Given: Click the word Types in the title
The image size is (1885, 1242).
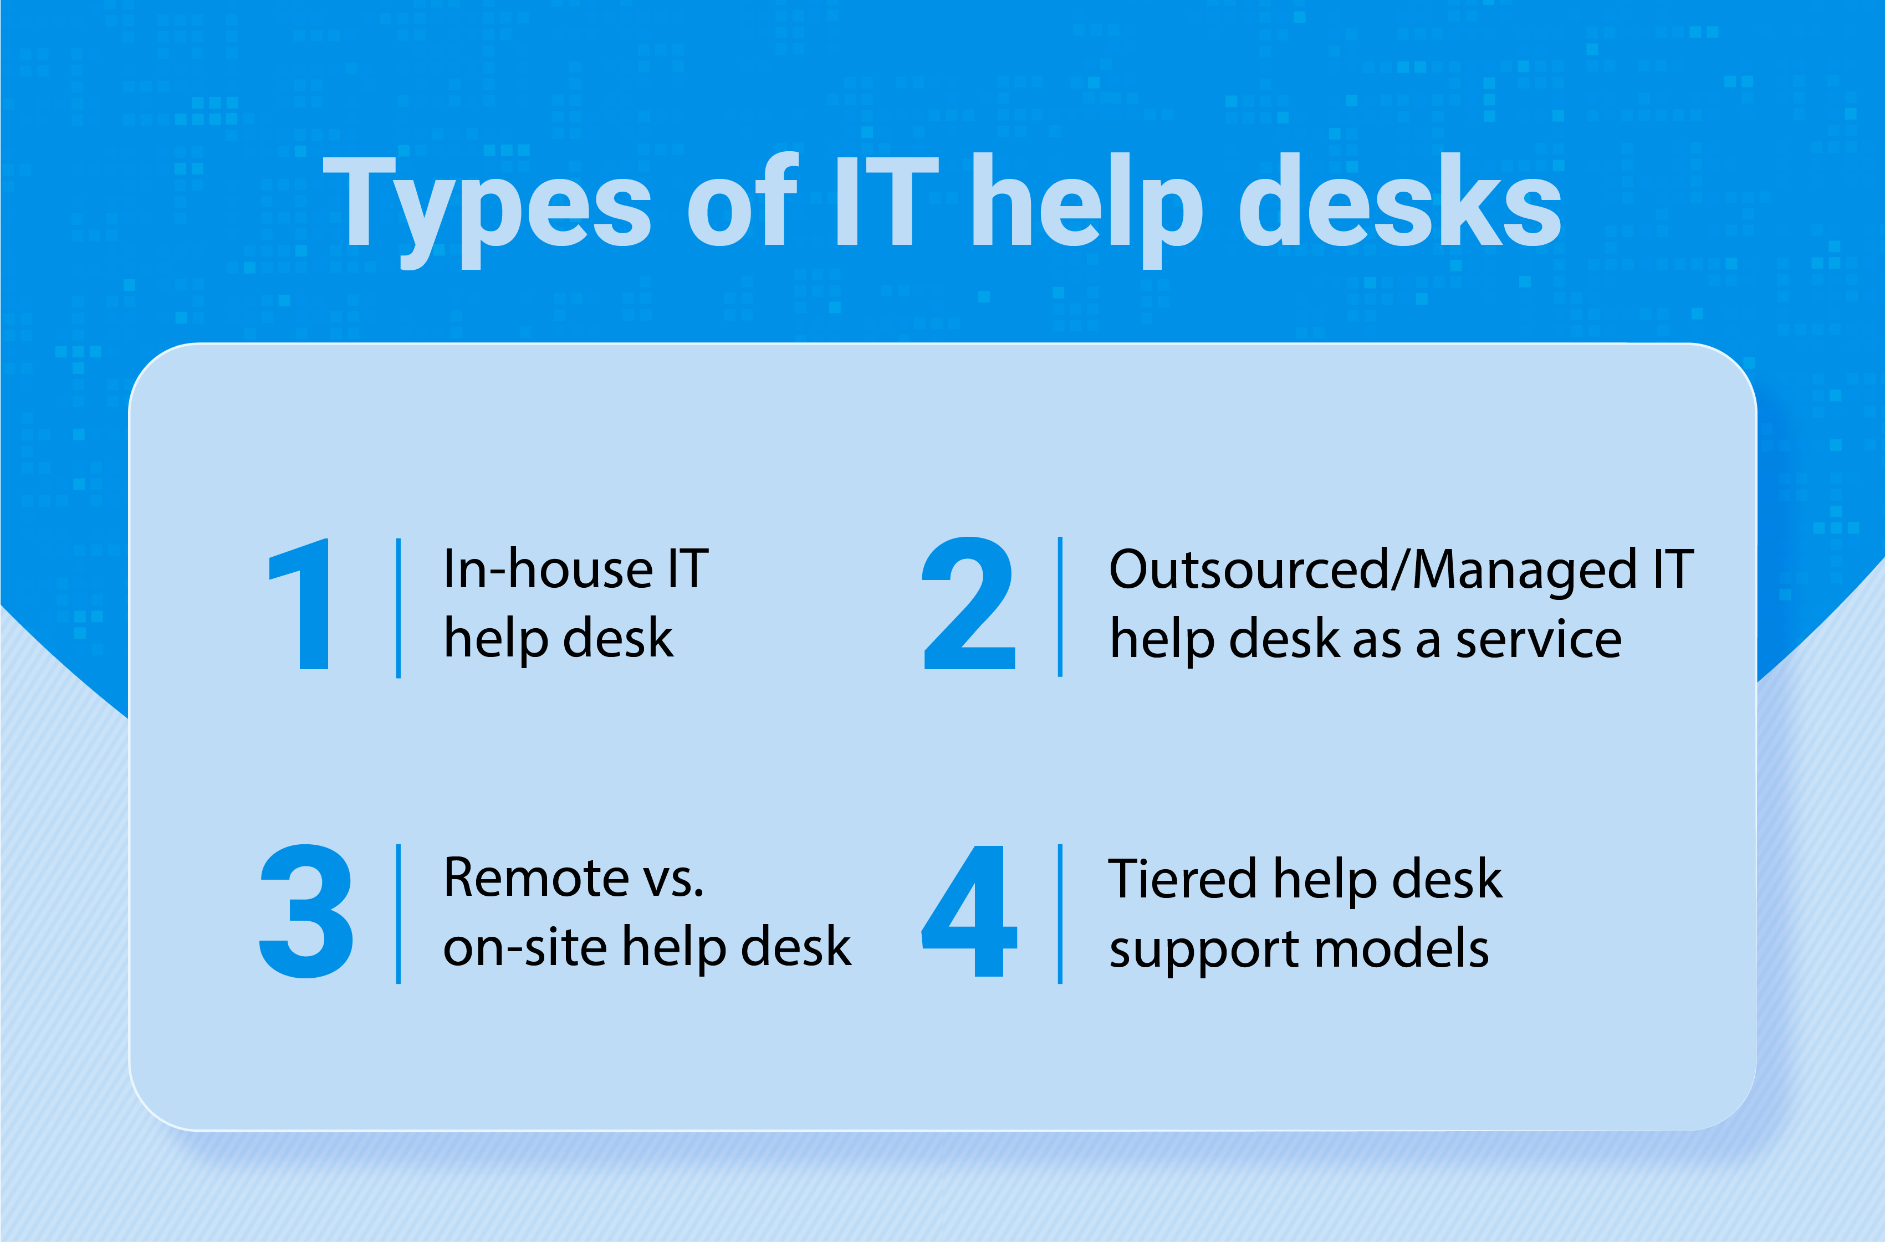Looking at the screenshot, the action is [x=487, y=211].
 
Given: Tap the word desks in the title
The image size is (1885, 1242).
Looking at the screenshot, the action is [x=1400, y=199].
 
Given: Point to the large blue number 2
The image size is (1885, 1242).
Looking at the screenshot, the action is [x=968, y=603].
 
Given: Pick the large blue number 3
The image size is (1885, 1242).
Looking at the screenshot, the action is [x=306, y=911].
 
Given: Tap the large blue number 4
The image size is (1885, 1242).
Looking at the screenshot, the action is [x=969, y=911].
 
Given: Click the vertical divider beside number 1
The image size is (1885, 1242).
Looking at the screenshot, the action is [x=399, y=608].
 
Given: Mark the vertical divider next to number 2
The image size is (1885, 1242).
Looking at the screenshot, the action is [x=1060, y=607].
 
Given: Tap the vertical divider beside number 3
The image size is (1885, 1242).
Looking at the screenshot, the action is [x=399, y=914].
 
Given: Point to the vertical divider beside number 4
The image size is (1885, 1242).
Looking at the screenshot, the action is [x=1060, y=914].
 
